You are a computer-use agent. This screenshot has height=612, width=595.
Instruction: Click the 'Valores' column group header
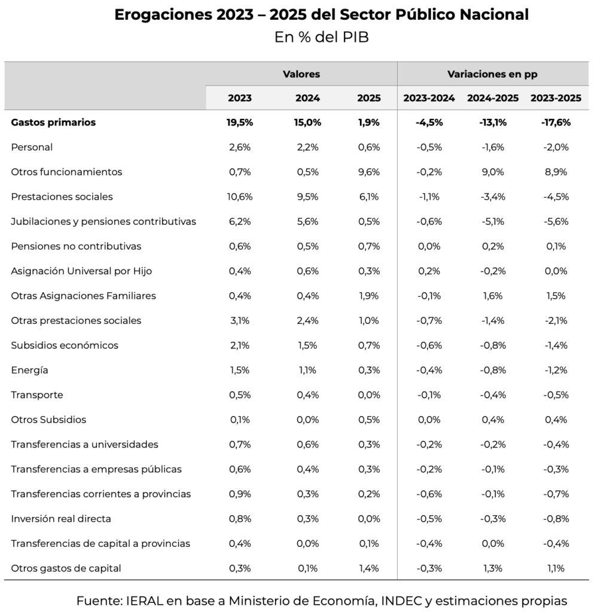(301, 74)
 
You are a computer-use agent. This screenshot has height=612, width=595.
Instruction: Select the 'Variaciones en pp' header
(492, 74)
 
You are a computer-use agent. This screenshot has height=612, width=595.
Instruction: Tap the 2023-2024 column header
(429, 98)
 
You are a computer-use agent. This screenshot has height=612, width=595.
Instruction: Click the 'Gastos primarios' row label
(53, 123)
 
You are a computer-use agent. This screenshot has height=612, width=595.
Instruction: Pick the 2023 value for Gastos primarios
(240, 123)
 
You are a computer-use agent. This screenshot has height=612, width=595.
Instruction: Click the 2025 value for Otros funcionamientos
(368, 172)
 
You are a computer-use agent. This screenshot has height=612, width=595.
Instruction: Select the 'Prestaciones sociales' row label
(62, 197)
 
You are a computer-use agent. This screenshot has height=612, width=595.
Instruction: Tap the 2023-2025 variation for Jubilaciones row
(556, 222)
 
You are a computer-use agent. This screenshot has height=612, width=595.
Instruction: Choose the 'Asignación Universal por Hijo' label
(81, 271)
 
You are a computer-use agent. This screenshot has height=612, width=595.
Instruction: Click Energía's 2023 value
(240, 370)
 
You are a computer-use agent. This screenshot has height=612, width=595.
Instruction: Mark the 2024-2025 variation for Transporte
(492, 395)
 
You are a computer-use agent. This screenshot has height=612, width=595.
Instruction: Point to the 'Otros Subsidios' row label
(48, 420)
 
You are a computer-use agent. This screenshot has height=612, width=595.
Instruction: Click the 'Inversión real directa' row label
(61, 519)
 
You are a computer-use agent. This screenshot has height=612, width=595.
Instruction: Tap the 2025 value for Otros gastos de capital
(368, 568)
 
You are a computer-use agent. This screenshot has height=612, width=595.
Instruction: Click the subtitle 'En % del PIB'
(322, 37)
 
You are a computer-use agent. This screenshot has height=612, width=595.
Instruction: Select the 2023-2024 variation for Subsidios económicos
(429, 345)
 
